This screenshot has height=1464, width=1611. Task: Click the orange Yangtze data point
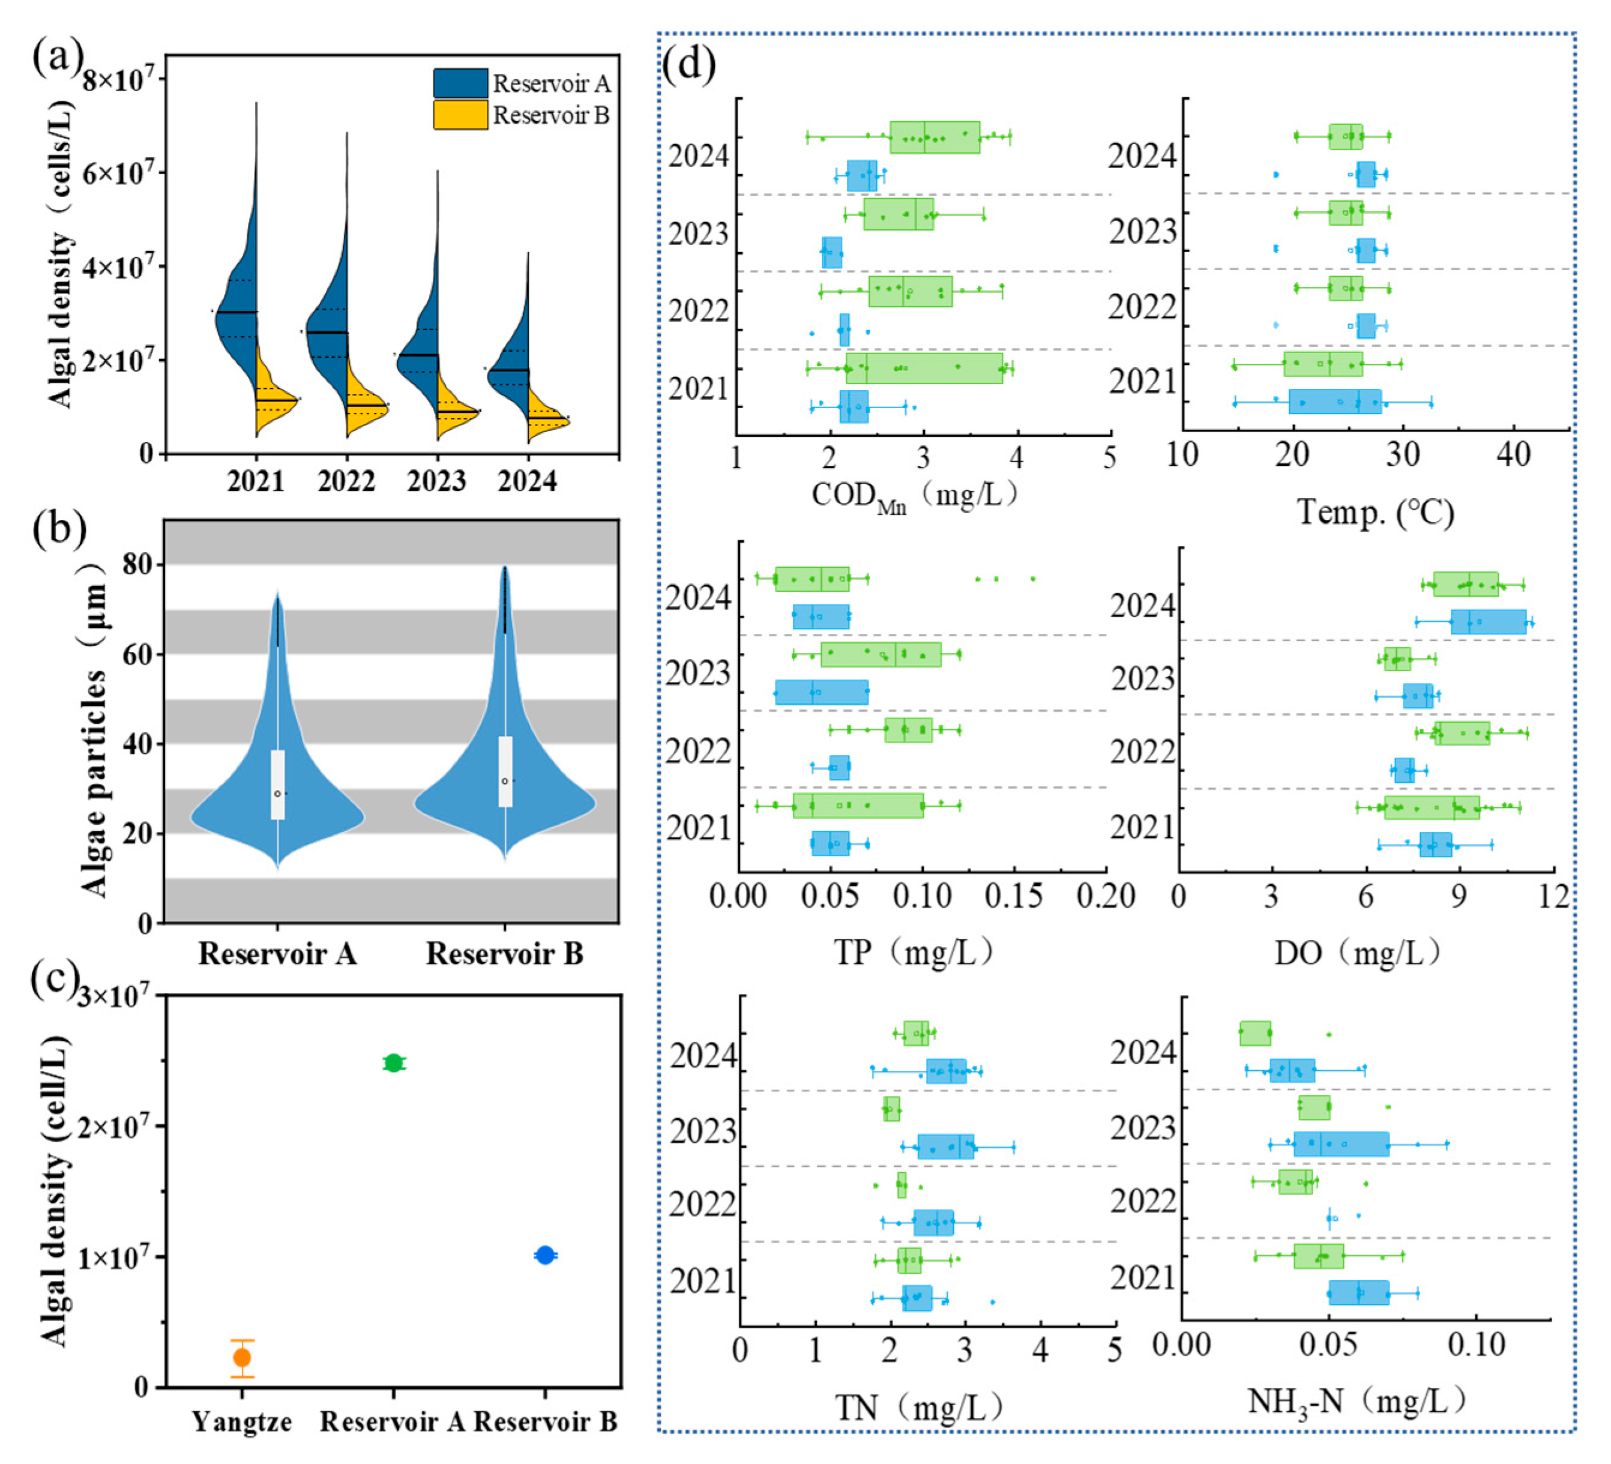pos(242,1358)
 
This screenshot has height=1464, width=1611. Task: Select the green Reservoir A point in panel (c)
pos(393,1063)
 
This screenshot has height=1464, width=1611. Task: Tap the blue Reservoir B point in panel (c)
pos(545,1256)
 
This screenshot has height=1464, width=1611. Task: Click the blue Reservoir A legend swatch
pos(460,83)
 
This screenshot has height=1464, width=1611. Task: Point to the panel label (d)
pos(689,64)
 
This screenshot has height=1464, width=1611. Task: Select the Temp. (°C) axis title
pos(1375,511)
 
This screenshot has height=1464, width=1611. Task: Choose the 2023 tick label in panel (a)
pos(436,481)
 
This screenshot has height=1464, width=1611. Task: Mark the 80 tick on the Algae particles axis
pos(137,564)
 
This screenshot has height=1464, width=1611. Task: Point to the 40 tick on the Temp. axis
pos(1513,456)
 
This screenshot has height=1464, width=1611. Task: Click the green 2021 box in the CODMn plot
pos(924,367)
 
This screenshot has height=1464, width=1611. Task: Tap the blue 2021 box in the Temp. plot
pos(1334,402)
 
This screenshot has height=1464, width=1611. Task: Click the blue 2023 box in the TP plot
pos(822,692)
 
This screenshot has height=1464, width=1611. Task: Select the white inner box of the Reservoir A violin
pos(277,784)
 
